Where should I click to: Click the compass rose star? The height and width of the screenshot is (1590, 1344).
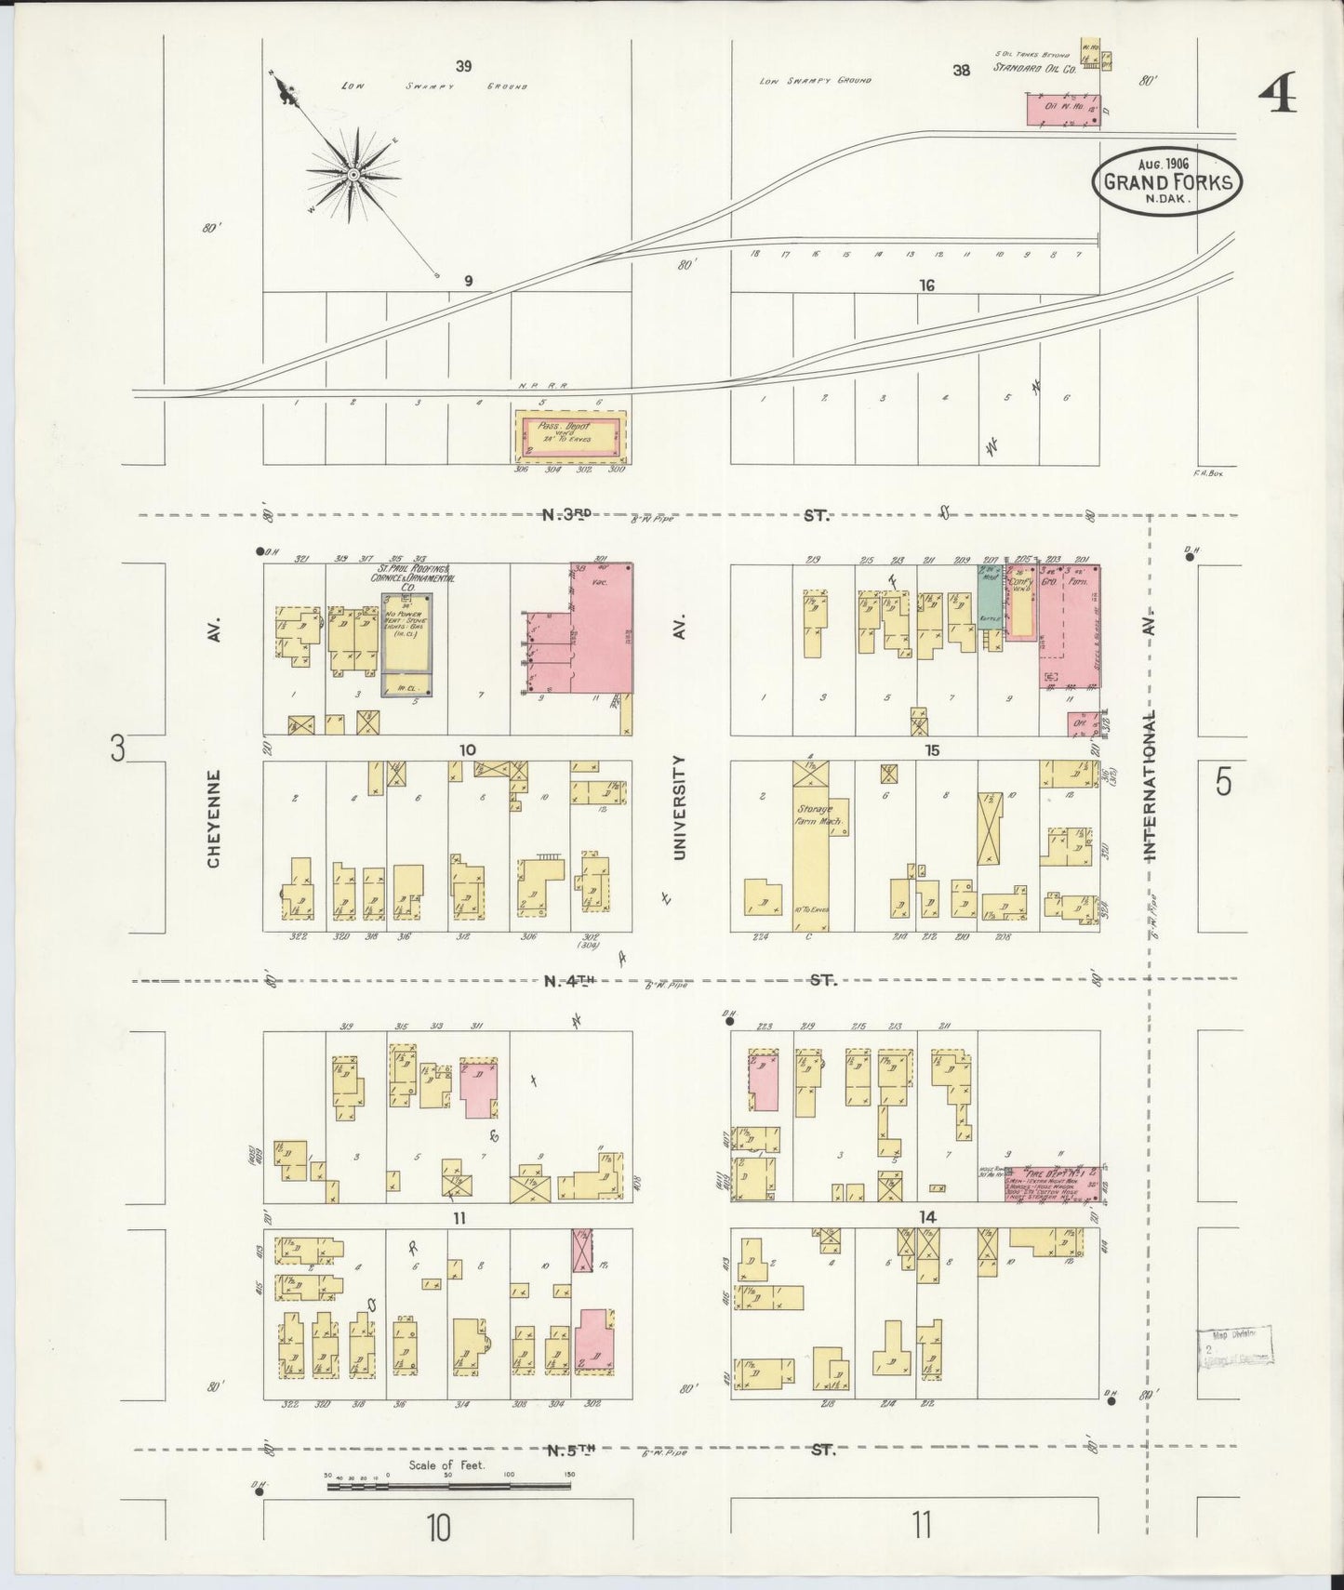tap(353, 175)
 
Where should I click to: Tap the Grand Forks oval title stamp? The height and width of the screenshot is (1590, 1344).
tap(1168, 180)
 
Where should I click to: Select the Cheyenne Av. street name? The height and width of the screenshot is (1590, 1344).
tap(214, 818)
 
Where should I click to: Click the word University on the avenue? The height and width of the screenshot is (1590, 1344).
tap(680, 807)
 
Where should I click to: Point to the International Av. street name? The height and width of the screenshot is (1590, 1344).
tap(1150, 787)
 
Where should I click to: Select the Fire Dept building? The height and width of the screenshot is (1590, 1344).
tap(1052, 1183)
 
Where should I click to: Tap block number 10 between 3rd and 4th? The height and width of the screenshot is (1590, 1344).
tap(467, 749)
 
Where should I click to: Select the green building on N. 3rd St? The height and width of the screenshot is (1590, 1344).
tap(989, 597)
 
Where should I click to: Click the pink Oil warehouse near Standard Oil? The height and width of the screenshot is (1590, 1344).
tap(1062, 109)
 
